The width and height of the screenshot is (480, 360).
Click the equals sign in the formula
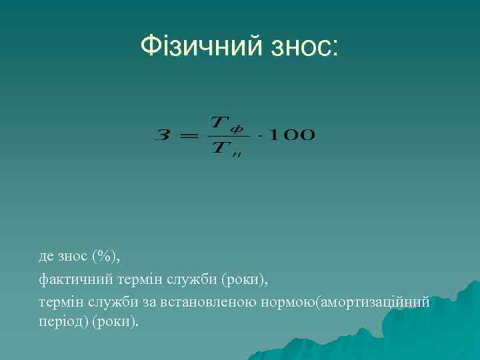pos(189,135)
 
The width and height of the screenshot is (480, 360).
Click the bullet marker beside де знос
pos(31,256)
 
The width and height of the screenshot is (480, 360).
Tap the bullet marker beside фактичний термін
pos(31,279)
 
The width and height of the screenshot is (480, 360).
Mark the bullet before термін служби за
pos(31,302)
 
